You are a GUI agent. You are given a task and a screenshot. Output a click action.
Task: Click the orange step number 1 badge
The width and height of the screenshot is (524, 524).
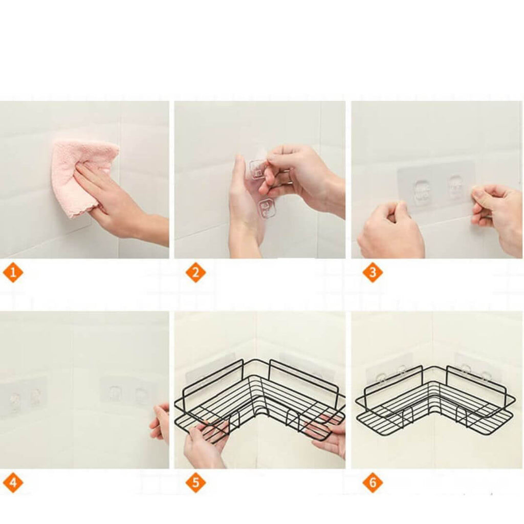click(13, 272)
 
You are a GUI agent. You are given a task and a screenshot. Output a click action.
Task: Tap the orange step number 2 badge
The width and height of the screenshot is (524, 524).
click(196, 272)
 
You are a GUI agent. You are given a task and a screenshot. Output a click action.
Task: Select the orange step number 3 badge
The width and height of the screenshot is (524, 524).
click(373, 272)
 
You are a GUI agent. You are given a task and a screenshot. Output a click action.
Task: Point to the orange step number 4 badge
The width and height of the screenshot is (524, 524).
click(13, 483)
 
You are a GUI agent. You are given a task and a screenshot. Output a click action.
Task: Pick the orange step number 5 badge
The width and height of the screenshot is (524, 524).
click(196, 483)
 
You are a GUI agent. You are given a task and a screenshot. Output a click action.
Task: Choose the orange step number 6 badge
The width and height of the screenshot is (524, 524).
click(373, 483)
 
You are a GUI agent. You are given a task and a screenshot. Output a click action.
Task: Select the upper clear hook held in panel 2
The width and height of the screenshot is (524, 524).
click(257, 169)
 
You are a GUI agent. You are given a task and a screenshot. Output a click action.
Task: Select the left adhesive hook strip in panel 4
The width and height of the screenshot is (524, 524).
click(24, 398)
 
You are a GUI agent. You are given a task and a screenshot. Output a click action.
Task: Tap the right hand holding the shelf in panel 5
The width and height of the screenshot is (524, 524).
click(329, 434)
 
